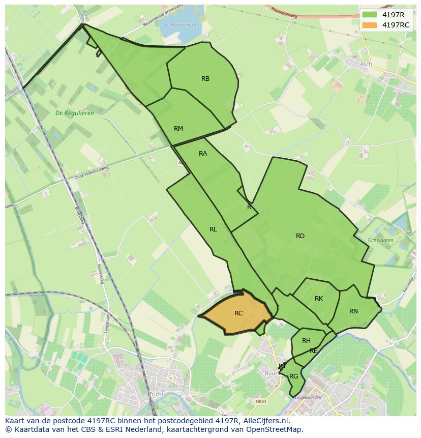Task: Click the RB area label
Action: click(x=205, y=78)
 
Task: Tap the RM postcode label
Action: click(x=178, y=129)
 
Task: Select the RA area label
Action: click(x=203, y=154)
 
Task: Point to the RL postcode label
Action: click(x=213, y=229)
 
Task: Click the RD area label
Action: click(x=300, y=236)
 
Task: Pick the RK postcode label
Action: click(x=319, y=299)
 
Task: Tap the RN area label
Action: click(x=353, y=311)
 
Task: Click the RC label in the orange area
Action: click(x=238, y=313)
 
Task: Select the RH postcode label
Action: click(x=306, y=341)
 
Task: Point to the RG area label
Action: click(x=293, y=376)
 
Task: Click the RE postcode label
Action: click(x=314, y=351)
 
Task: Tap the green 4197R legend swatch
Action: click(x=370, y=14)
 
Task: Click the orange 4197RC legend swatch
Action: click(x=370, y=25)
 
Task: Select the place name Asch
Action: click(x=366, y=64)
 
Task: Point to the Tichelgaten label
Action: click(x=380, y=240)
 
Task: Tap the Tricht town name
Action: click(x=156, y=394)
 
